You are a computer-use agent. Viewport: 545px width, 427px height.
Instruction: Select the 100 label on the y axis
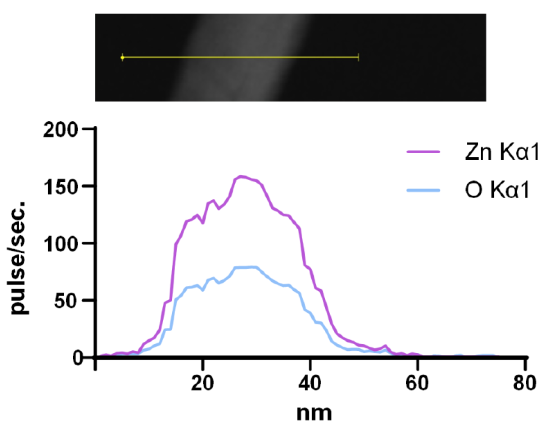click(60, 245)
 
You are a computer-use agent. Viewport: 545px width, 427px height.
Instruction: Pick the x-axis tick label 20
click(203, 383)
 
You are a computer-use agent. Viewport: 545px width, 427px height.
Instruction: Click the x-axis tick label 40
click(310, 383)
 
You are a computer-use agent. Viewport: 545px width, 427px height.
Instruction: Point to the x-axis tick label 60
click(417, 383)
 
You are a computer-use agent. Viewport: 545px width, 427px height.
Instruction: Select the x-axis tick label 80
click(524, 383)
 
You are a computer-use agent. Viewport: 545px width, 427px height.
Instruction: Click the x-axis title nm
click(314, 413)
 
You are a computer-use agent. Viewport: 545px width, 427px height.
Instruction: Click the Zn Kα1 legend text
click(501, 152)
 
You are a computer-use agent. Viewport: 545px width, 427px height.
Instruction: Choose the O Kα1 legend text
click(497, 190)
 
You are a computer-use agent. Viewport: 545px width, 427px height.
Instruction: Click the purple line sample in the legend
click(423, 152)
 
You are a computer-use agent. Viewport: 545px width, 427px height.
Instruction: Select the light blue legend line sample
click(423, 190)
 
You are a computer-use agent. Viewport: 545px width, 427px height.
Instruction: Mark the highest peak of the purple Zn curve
click(240, 176)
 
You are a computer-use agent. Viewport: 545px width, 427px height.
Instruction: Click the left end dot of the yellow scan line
click(122, 57)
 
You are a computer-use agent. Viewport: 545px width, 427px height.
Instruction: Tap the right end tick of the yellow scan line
click(358, 57)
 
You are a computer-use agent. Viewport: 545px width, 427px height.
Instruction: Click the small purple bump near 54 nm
click(386, 346)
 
